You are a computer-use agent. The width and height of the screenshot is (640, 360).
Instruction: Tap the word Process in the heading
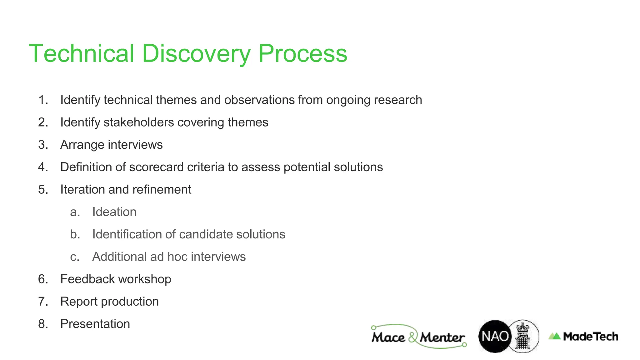point(302,54)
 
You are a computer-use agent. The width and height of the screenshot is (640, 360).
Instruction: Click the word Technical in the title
point(81,54)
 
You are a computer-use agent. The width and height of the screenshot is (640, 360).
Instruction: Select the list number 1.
point(43,100)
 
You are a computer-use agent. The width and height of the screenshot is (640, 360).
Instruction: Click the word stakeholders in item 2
point(139,122)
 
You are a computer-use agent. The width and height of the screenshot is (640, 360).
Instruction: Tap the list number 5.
point(43,190)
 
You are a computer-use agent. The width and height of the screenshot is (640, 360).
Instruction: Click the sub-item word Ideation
point(114,212)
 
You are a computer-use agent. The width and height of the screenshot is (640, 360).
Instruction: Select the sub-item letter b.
point(75,234)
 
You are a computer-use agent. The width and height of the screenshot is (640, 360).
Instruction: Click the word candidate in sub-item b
point(206,234)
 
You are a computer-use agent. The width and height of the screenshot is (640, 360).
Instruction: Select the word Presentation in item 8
point(95,324)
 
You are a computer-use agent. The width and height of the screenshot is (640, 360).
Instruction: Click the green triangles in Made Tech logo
point(555,336)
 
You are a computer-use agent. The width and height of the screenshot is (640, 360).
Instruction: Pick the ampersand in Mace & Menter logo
point(413,337)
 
